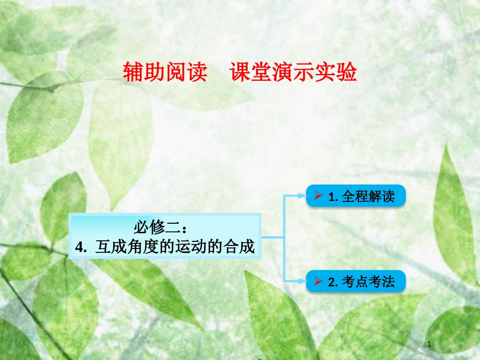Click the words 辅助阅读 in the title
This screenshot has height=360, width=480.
(165, 73)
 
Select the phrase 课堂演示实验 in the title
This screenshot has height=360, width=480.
(294, 73)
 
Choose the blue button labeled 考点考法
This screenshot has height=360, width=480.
(356, 281)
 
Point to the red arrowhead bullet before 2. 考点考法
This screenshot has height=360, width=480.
(318, 281)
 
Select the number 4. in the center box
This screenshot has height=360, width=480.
(80, 247)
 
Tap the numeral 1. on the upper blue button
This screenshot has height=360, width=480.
(332, 196)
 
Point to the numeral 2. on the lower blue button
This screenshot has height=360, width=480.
(332, 282)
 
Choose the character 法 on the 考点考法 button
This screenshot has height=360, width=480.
(388, 281)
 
